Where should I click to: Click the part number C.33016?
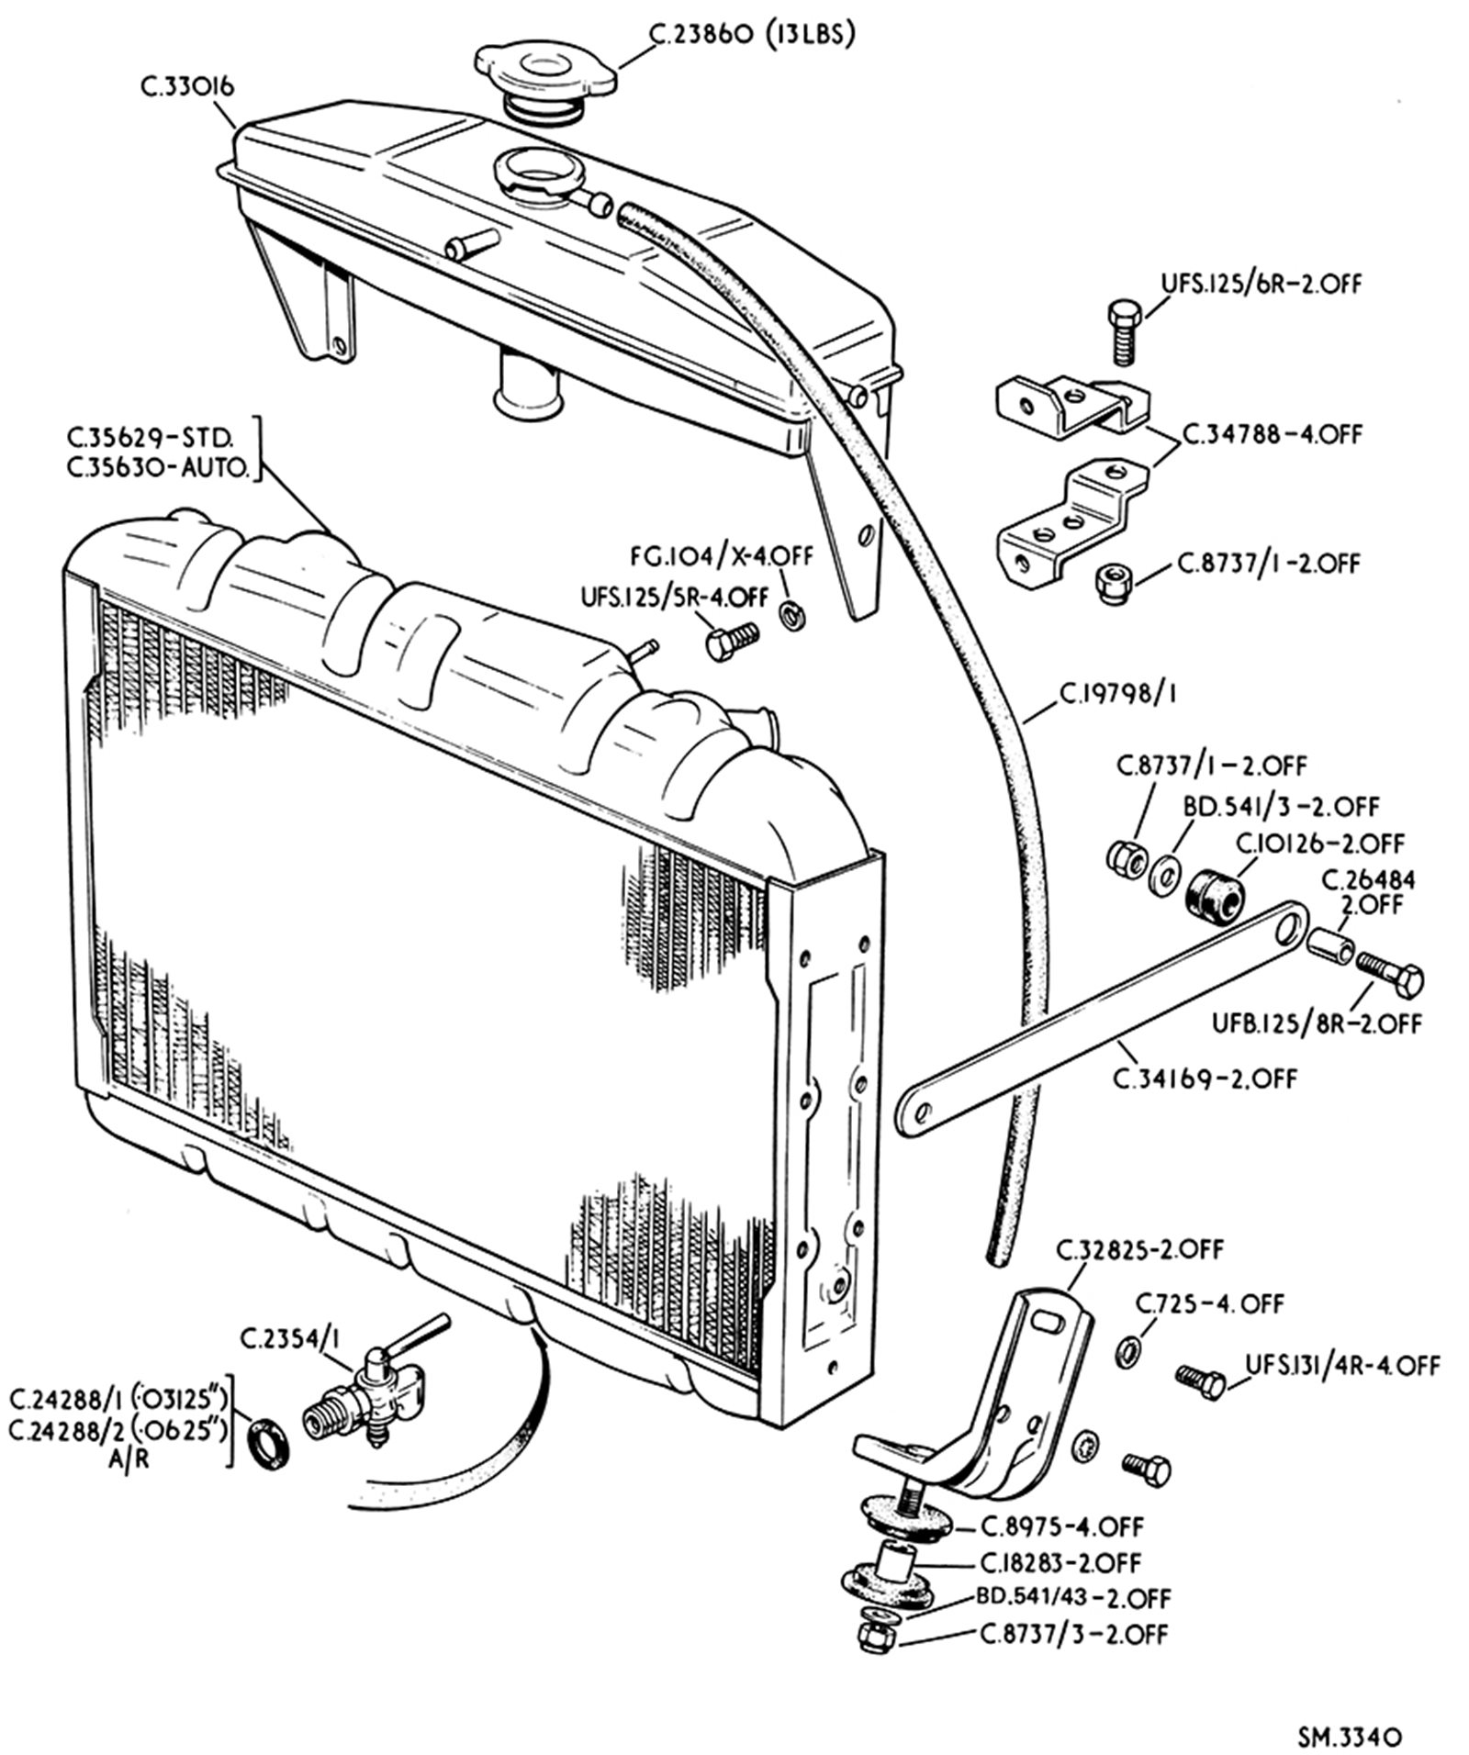tap(188, 87)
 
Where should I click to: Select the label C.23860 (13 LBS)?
tap(752, 34)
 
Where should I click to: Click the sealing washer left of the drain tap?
tap(270, 1442)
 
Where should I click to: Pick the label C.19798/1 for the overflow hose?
tap(1117, 695)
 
